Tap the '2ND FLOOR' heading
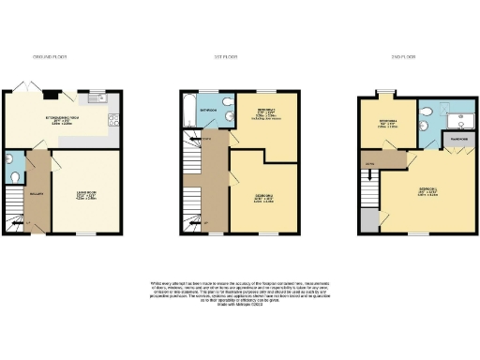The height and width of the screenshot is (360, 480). [400, 57]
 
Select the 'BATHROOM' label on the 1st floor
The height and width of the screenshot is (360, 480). [209, 112]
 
